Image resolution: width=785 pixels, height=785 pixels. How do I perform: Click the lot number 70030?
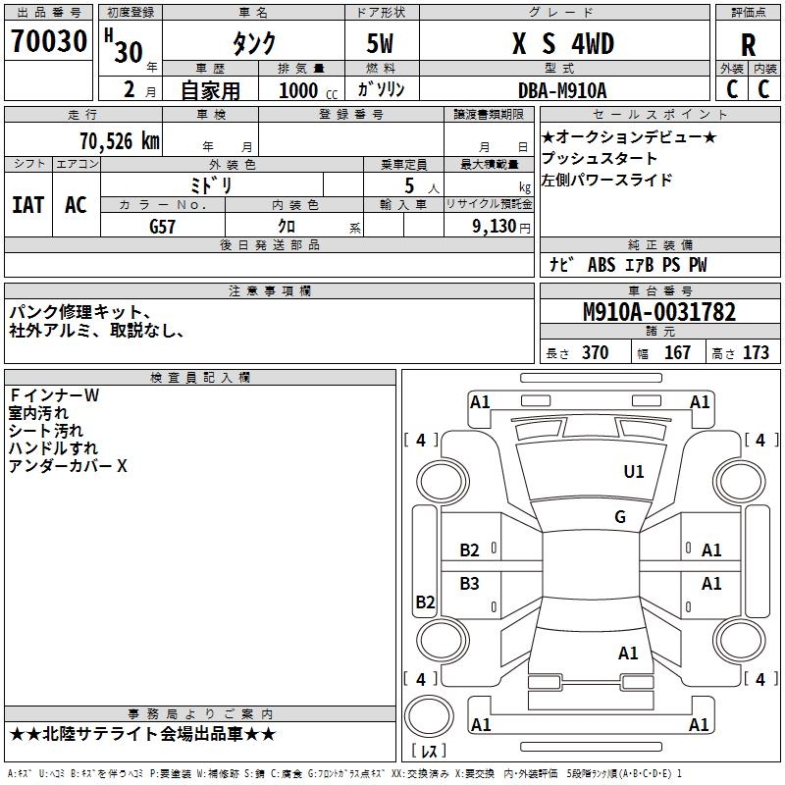tap(48, 41)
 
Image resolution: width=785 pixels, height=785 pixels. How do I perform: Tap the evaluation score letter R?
tap(748, 46)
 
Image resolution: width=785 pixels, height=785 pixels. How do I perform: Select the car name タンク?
tap(252, 44)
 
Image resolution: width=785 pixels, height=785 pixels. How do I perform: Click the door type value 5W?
tap(381, 45)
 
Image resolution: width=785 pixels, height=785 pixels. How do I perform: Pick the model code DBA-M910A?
tap(562, 90)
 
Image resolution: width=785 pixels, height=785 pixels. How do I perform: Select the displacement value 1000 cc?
tap(306, 90)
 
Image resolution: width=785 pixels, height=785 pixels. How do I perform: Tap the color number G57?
tap(162, 226)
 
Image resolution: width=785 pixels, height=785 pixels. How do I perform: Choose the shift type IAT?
tap(27, 204)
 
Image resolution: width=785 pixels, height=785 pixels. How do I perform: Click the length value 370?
tap(595, 352)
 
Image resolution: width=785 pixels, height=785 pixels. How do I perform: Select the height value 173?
tap(756, 352)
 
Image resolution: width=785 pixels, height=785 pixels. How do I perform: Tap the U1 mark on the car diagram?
tap(634, 472)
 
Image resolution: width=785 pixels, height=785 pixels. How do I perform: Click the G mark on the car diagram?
tap(619, 516)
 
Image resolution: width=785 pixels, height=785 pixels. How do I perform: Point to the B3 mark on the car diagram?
tap(470, 584)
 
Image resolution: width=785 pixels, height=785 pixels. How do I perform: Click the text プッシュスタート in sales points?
tap(600, 158)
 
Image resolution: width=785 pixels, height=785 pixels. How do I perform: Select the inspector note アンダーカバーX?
tap(68, 466)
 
